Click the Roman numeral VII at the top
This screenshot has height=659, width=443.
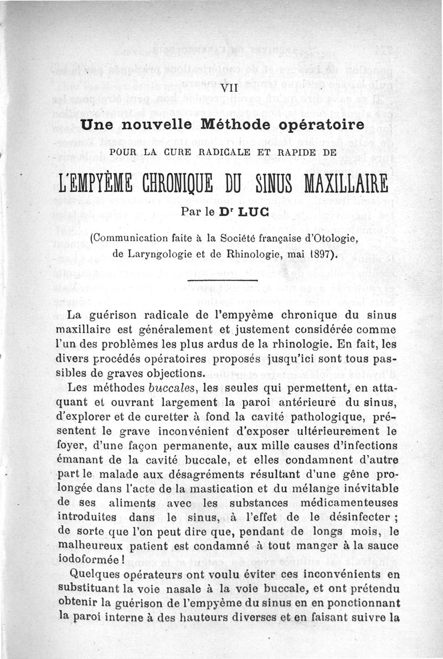(229, 89)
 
